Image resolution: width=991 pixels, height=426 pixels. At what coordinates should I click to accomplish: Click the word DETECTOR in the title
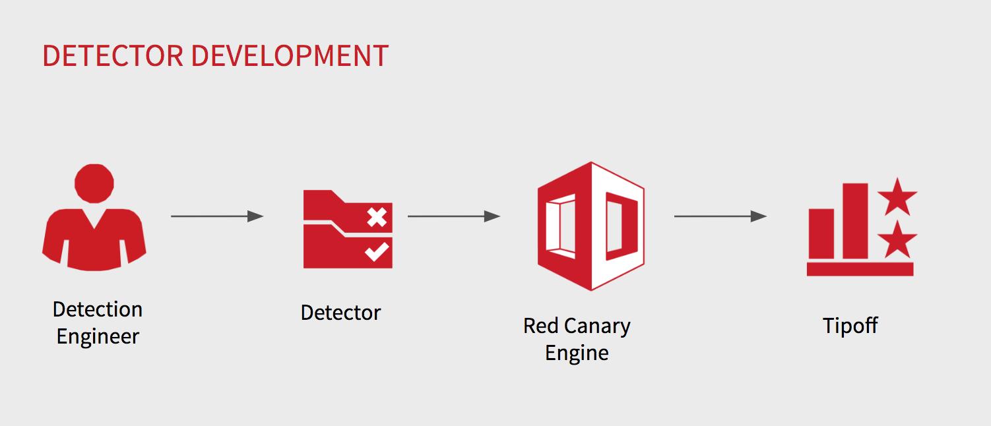112,56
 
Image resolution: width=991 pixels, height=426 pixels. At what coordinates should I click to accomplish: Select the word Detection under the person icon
98,309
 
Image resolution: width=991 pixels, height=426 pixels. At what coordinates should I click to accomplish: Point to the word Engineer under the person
98,336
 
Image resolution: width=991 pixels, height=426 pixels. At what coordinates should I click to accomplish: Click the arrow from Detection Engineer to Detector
216,216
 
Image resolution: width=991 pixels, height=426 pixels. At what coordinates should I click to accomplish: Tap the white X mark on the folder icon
376,217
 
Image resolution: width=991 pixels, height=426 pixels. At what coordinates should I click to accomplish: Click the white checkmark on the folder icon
376,251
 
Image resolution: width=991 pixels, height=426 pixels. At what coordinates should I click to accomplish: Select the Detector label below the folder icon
340,313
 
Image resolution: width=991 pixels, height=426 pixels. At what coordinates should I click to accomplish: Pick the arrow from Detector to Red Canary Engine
453,216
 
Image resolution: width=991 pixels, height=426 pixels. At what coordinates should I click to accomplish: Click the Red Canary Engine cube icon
590,226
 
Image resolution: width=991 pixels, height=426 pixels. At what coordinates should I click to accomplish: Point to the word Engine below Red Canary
577,353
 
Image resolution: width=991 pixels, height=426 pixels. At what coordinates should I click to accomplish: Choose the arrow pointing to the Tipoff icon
720,216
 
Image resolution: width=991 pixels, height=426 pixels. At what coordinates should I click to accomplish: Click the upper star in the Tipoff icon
897,197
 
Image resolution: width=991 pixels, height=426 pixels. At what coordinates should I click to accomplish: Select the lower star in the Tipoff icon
897,240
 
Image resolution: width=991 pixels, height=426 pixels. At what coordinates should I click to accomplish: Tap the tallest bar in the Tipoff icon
855,221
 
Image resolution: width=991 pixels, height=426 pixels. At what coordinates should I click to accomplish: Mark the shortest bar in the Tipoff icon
821,233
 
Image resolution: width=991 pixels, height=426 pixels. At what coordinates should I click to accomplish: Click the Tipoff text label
850,326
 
